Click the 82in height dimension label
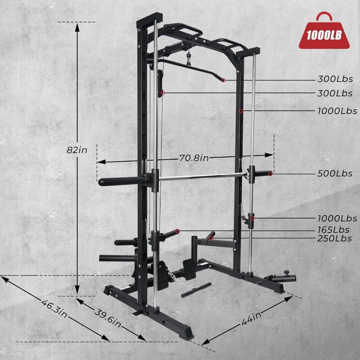click(77, 150)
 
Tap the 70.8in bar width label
click(194, 158)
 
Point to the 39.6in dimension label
click(108, 316)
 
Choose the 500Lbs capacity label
click(335, 174)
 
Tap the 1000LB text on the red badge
click(324, 35)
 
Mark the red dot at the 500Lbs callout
click(271, 174)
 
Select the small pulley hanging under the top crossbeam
click(188, 60)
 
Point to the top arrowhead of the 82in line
click(77, 25)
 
